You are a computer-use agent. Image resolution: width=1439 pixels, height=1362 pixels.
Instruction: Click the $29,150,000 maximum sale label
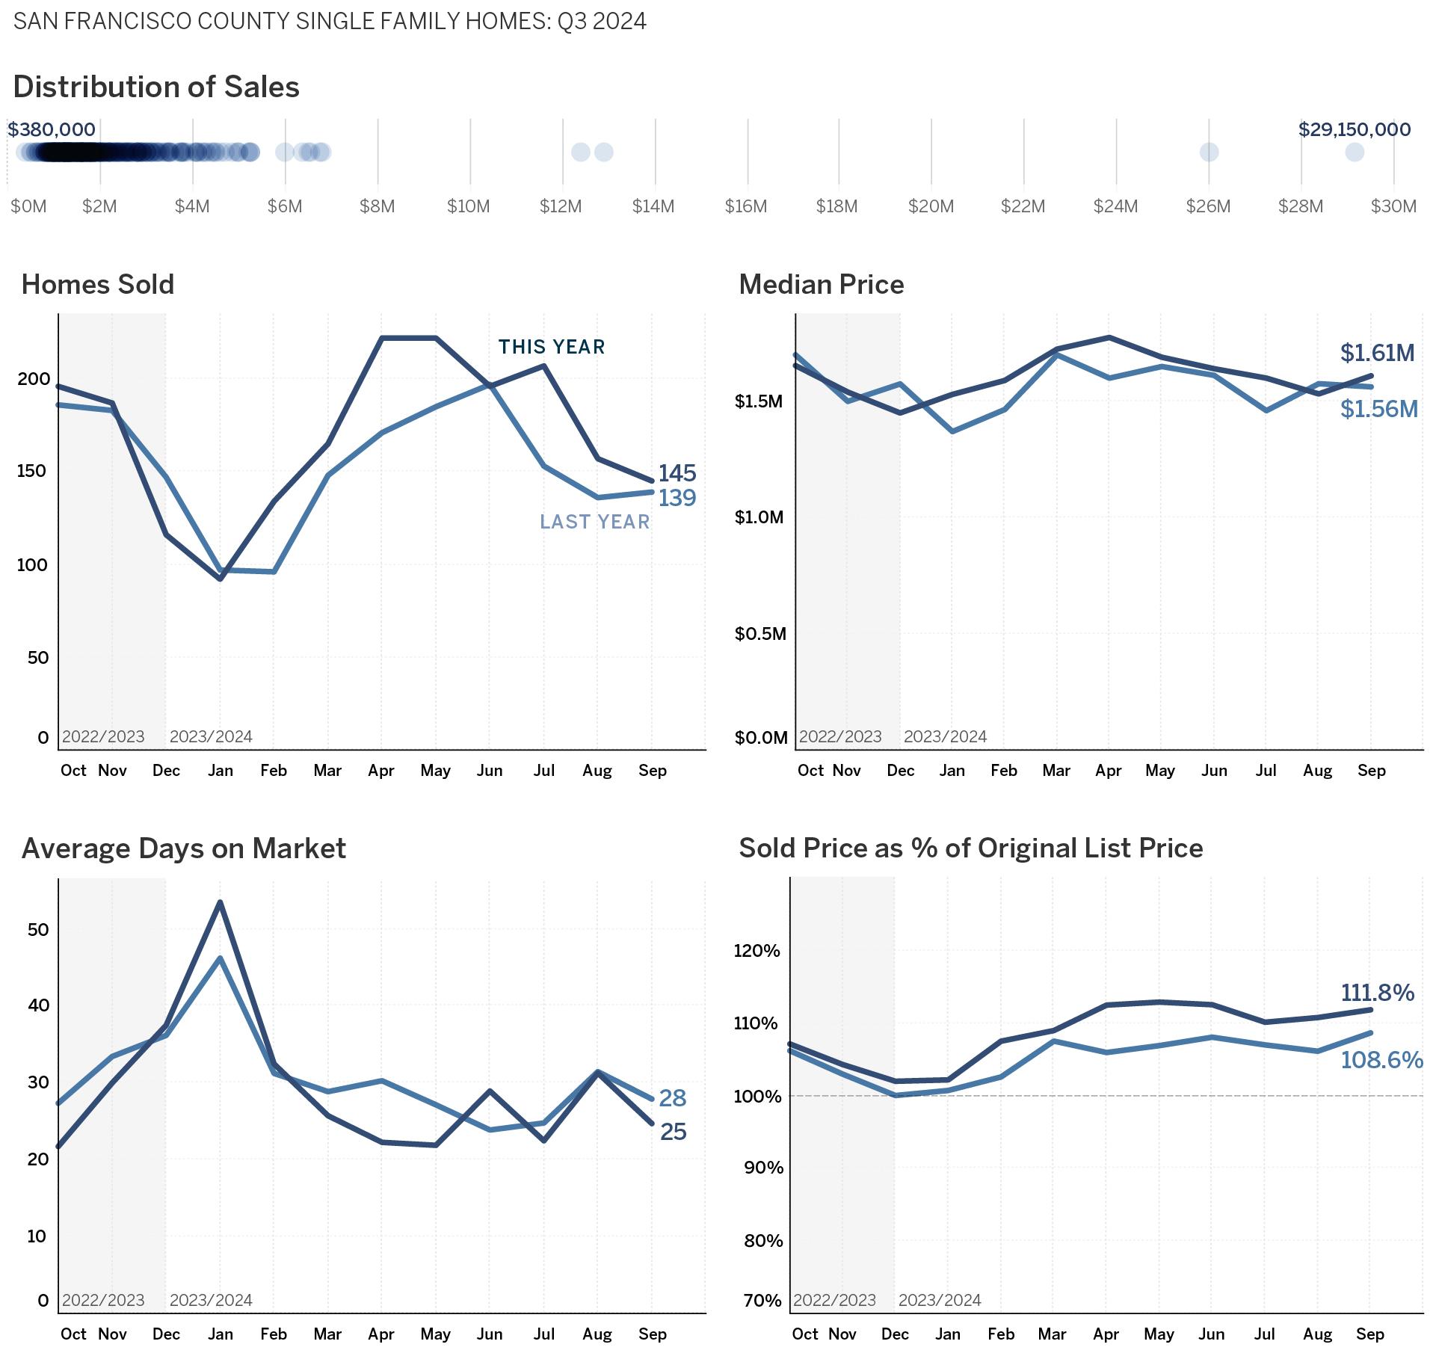(1354, 130)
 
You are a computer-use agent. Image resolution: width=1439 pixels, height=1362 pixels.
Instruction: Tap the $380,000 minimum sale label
(52, 130)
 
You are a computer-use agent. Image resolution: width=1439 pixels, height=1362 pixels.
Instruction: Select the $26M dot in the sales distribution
(1209, 152)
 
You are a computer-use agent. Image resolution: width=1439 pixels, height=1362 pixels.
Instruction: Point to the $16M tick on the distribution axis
(746, 206)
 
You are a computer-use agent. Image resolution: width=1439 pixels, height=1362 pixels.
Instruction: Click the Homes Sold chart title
(98, 285)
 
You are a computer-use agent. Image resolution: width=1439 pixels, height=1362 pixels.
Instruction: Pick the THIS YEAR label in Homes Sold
(552, 347)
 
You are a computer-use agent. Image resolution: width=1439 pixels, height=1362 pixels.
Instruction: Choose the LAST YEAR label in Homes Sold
(594, 522)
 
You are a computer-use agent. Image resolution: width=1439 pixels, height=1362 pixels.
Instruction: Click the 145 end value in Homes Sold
(677, 473)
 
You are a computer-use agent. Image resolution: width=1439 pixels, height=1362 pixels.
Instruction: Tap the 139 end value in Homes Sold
(677, 498)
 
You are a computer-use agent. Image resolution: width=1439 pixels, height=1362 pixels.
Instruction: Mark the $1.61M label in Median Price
(1377, 353)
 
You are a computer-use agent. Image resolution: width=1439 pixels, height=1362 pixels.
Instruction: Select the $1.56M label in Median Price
(1378, 409)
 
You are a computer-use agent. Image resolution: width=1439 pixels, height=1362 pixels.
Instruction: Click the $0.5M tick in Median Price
(760, 634)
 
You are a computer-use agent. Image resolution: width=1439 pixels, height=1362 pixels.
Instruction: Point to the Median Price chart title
(821, 285)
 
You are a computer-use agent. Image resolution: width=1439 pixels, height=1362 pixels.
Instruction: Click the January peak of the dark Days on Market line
(220, 902)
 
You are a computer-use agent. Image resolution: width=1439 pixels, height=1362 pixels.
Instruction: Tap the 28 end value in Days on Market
(672, 1098)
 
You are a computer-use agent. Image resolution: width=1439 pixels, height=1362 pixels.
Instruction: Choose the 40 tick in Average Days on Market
(38, 1005)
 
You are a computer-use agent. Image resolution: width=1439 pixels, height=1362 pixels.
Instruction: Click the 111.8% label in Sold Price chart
(1377, 993)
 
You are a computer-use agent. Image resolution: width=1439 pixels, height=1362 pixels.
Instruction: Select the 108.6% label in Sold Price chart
(1381, 1060)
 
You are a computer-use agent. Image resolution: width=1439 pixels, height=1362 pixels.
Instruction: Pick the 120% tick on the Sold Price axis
(757, 951)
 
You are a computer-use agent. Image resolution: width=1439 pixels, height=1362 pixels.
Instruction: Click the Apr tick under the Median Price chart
(1108, 771)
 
